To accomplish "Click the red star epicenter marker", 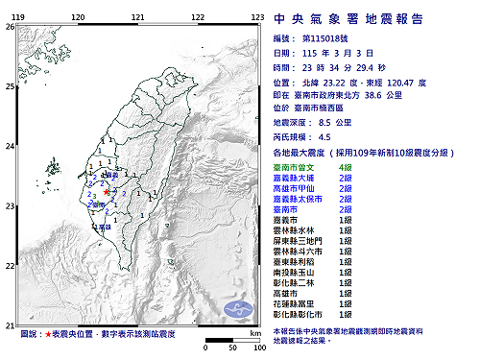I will coord(106,193).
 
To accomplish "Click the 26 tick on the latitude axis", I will coord(10,27).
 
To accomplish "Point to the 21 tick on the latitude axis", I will coord(10,326).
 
